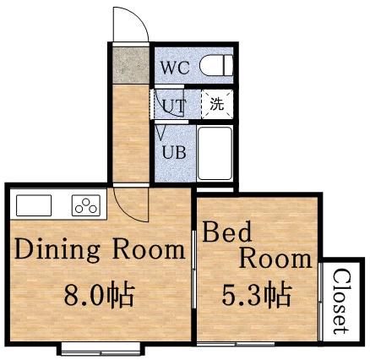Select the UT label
[173, 106]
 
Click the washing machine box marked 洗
[217, 106]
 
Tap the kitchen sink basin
[34, 205]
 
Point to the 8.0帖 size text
[100, 297]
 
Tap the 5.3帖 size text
[257, 297]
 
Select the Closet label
[340, 301]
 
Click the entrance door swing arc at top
[128, 24]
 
